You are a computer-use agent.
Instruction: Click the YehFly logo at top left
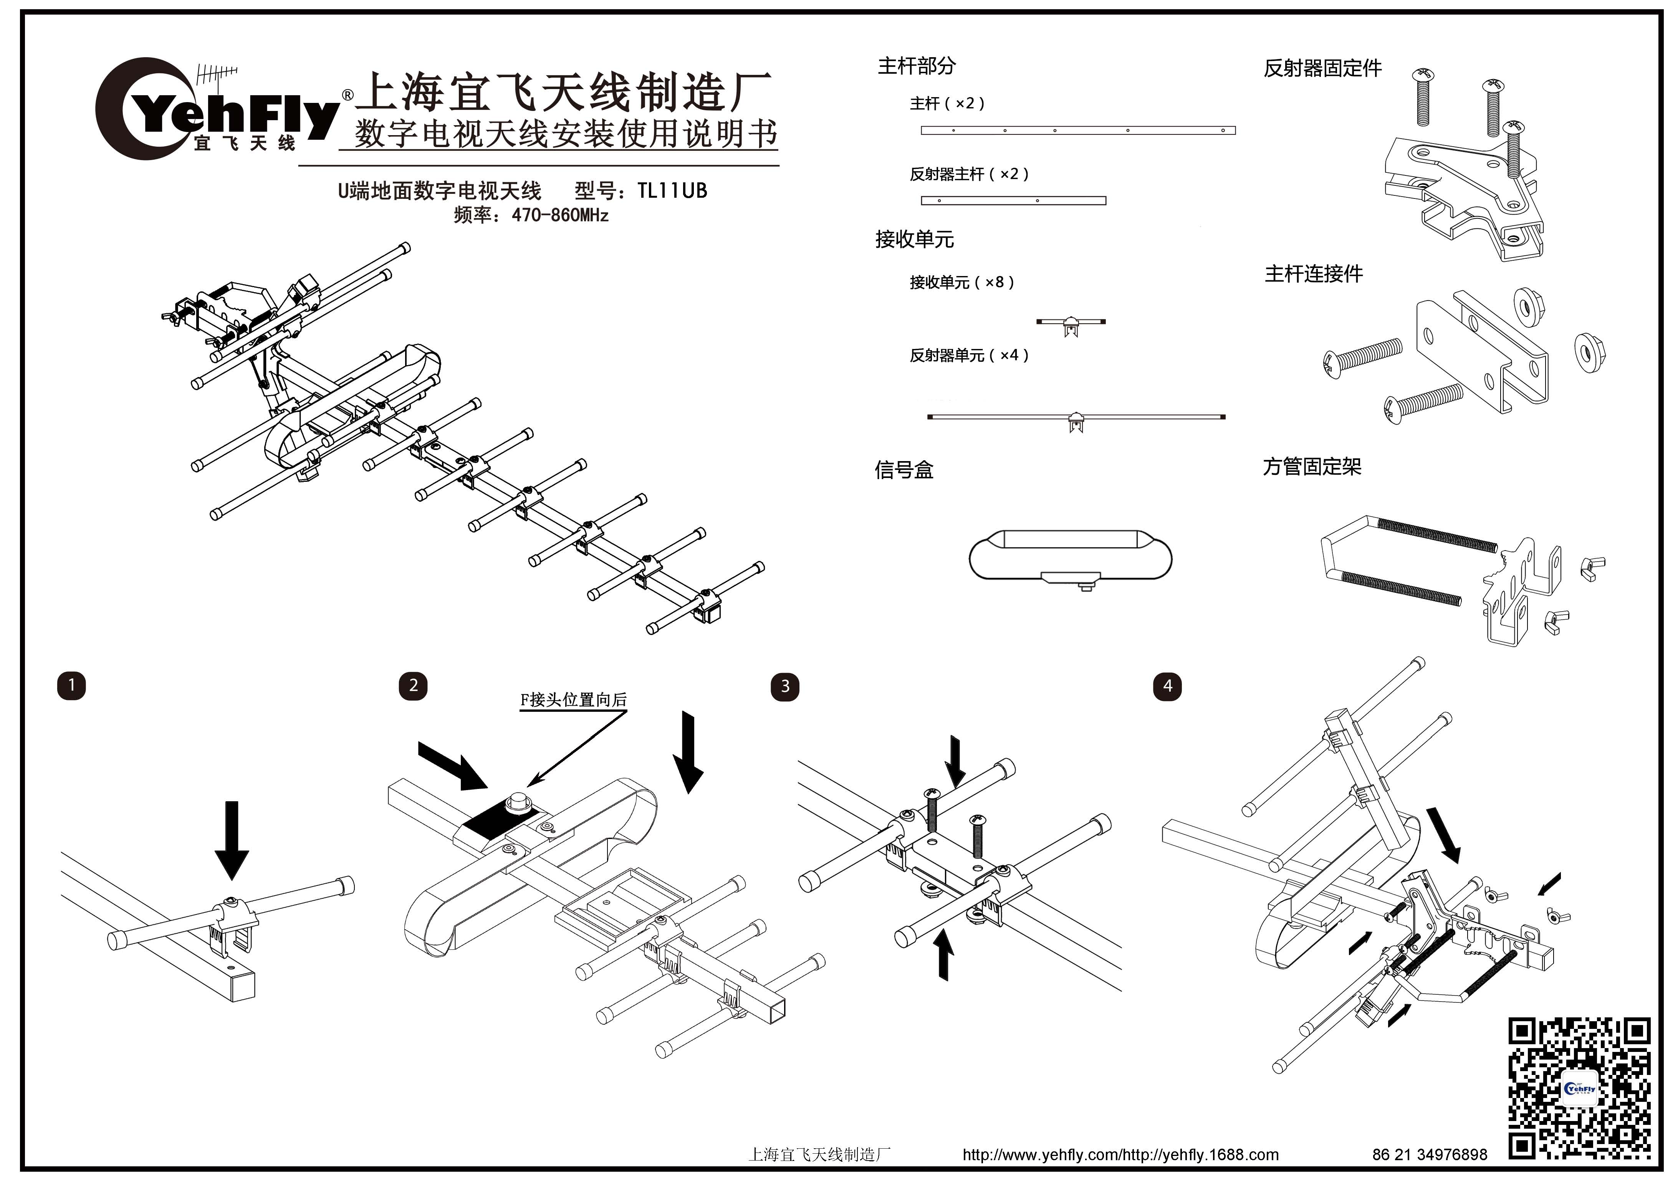click(x=215, y=109)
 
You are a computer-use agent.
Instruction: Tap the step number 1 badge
click(x=72, y=686)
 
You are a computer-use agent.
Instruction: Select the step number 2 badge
click(x=413, y=686)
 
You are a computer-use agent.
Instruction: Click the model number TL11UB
click(x=672, y=192)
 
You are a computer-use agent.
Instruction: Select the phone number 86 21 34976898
click(x=1430, y=1155)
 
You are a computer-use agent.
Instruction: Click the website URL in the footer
click(x=1120, y=1155)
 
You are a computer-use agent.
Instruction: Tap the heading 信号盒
click(x=904, y=470)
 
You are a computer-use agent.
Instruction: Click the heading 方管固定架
click(x=1312, y=467)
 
